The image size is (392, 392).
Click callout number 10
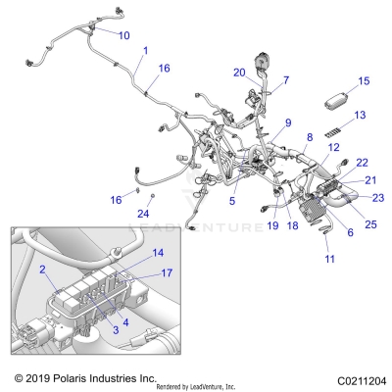(x=123, y=35)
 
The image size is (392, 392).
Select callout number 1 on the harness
(x=146, y=50)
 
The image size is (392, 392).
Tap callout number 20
(x=239, y=72)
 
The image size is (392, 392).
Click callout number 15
(x=364, y=81)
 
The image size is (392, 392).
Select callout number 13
(x=360, y=115)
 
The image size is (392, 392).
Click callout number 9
(x=288, y=122)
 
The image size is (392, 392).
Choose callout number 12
(x=334, y=147)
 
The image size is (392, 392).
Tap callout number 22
(x=363, y=162)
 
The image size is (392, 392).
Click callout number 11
(x=329, y=259)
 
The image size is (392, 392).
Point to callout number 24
(x=142, y=213)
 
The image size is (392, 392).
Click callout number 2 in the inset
(x=42, y=269)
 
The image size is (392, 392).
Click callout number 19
(x=273, y=224)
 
